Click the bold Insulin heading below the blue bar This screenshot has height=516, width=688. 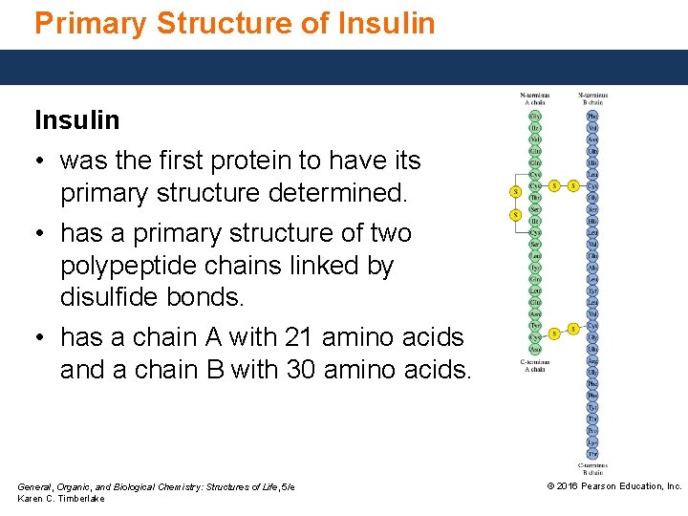click(77, 120)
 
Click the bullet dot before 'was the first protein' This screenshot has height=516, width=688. click(42, 161)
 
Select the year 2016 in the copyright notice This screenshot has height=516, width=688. click(571, 486)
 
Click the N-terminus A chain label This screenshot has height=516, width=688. click(534, 98)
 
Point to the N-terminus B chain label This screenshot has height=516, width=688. click(592, 98)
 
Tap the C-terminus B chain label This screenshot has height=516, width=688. click(592, 468)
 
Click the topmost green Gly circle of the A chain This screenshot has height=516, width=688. click(535, 116)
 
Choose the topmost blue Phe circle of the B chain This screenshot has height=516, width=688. click(592, 116)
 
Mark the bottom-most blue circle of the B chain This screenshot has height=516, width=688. click(592, 453)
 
